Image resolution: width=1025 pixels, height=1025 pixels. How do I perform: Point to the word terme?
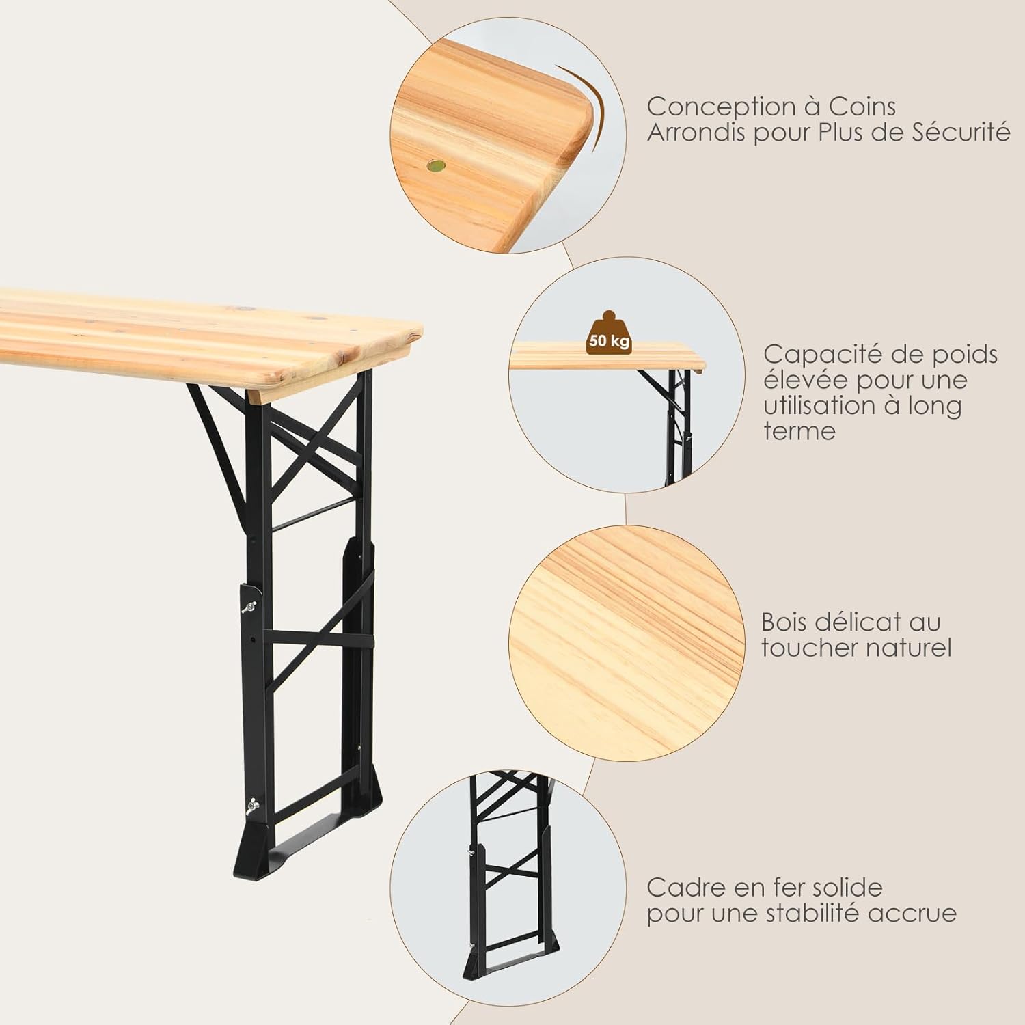pos(799,430)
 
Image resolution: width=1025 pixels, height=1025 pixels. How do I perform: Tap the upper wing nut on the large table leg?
pos(251,605)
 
